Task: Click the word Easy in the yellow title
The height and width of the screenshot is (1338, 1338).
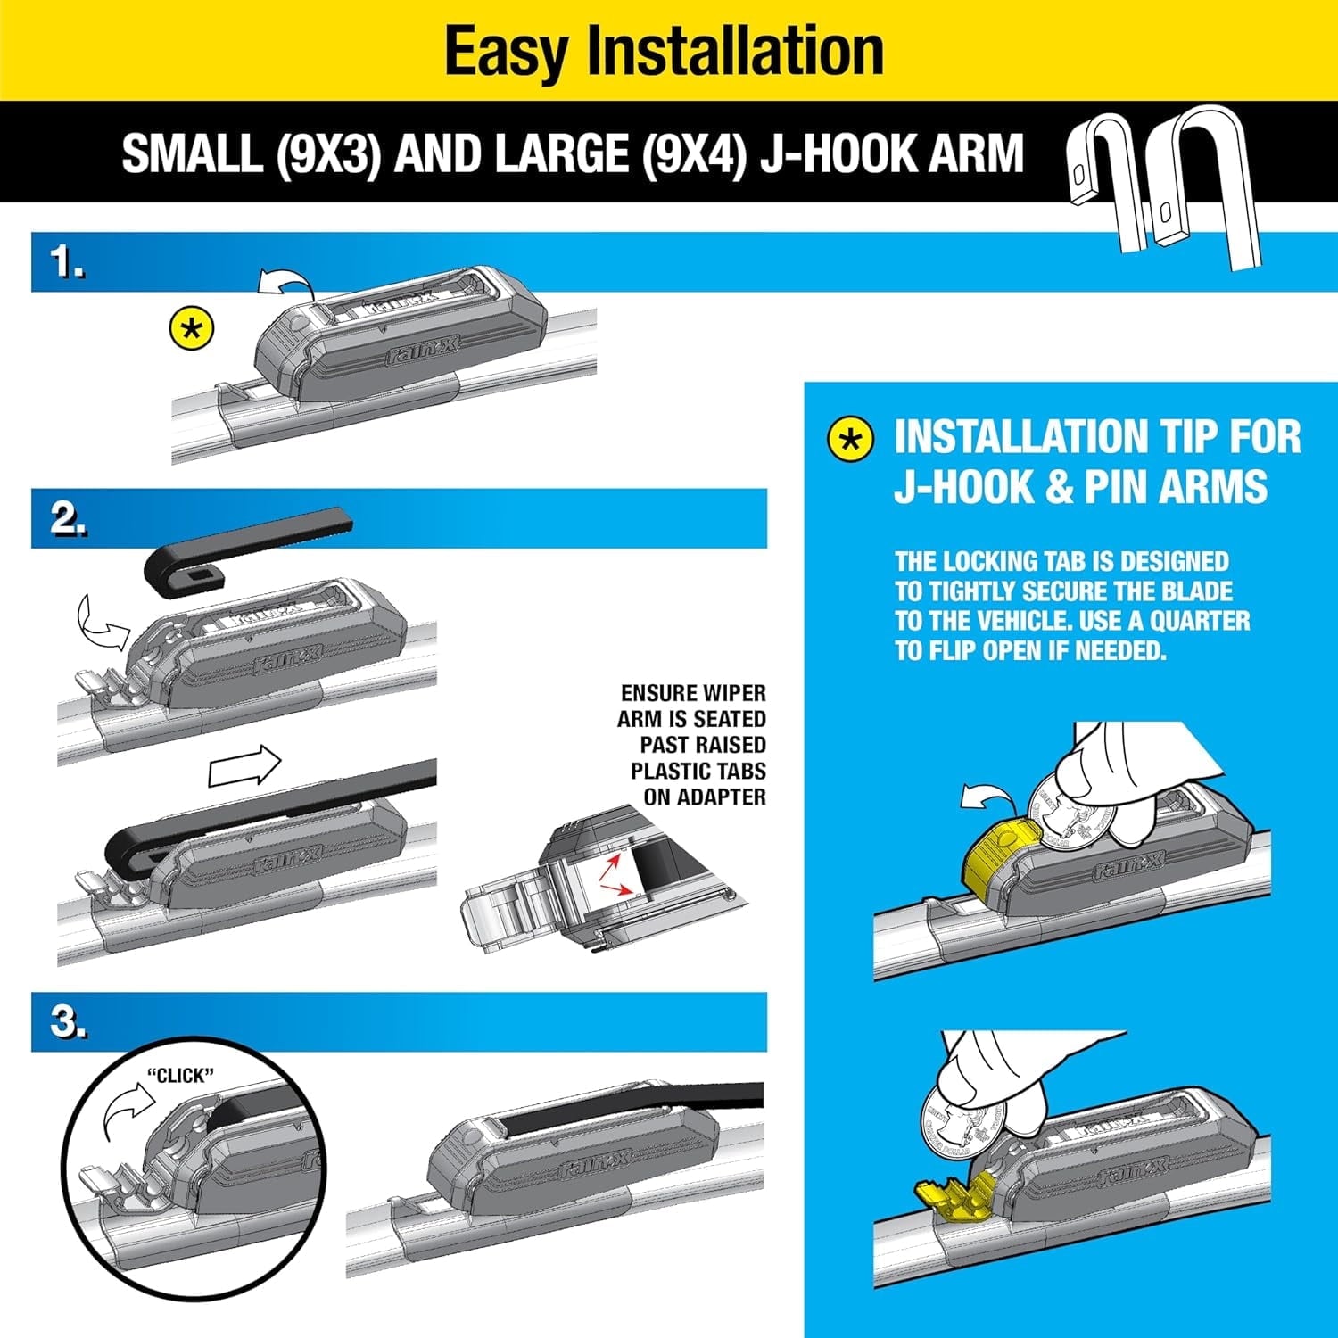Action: coord(506,52)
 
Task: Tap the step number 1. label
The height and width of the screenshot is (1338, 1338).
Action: coord(67,262)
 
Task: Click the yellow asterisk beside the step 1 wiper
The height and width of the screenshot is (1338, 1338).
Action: coord(192,330)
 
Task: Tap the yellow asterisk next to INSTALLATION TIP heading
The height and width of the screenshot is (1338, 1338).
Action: coord(850,439)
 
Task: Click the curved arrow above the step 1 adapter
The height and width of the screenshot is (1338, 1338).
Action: coord(284,283)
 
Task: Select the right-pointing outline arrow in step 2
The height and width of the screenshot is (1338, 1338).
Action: coord(244,768)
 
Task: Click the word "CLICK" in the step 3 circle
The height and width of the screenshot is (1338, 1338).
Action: coord(180,1076)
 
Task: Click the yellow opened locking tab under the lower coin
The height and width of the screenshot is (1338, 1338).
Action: coord(954,1195)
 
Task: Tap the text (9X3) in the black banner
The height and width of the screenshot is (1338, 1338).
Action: coord(328,153)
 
